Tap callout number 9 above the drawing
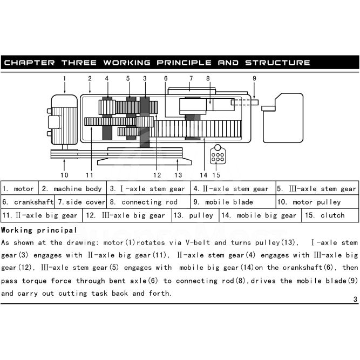254,78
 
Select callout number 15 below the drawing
216,174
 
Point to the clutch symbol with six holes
218,157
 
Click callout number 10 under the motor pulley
64,174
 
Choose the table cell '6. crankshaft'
28,202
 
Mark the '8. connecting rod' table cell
149,202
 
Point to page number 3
355,300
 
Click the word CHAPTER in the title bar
29,63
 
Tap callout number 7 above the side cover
191,78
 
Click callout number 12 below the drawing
157,174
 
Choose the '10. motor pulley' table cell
316,202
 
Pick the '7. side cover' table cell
81,202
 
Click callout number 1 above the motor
64,78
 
